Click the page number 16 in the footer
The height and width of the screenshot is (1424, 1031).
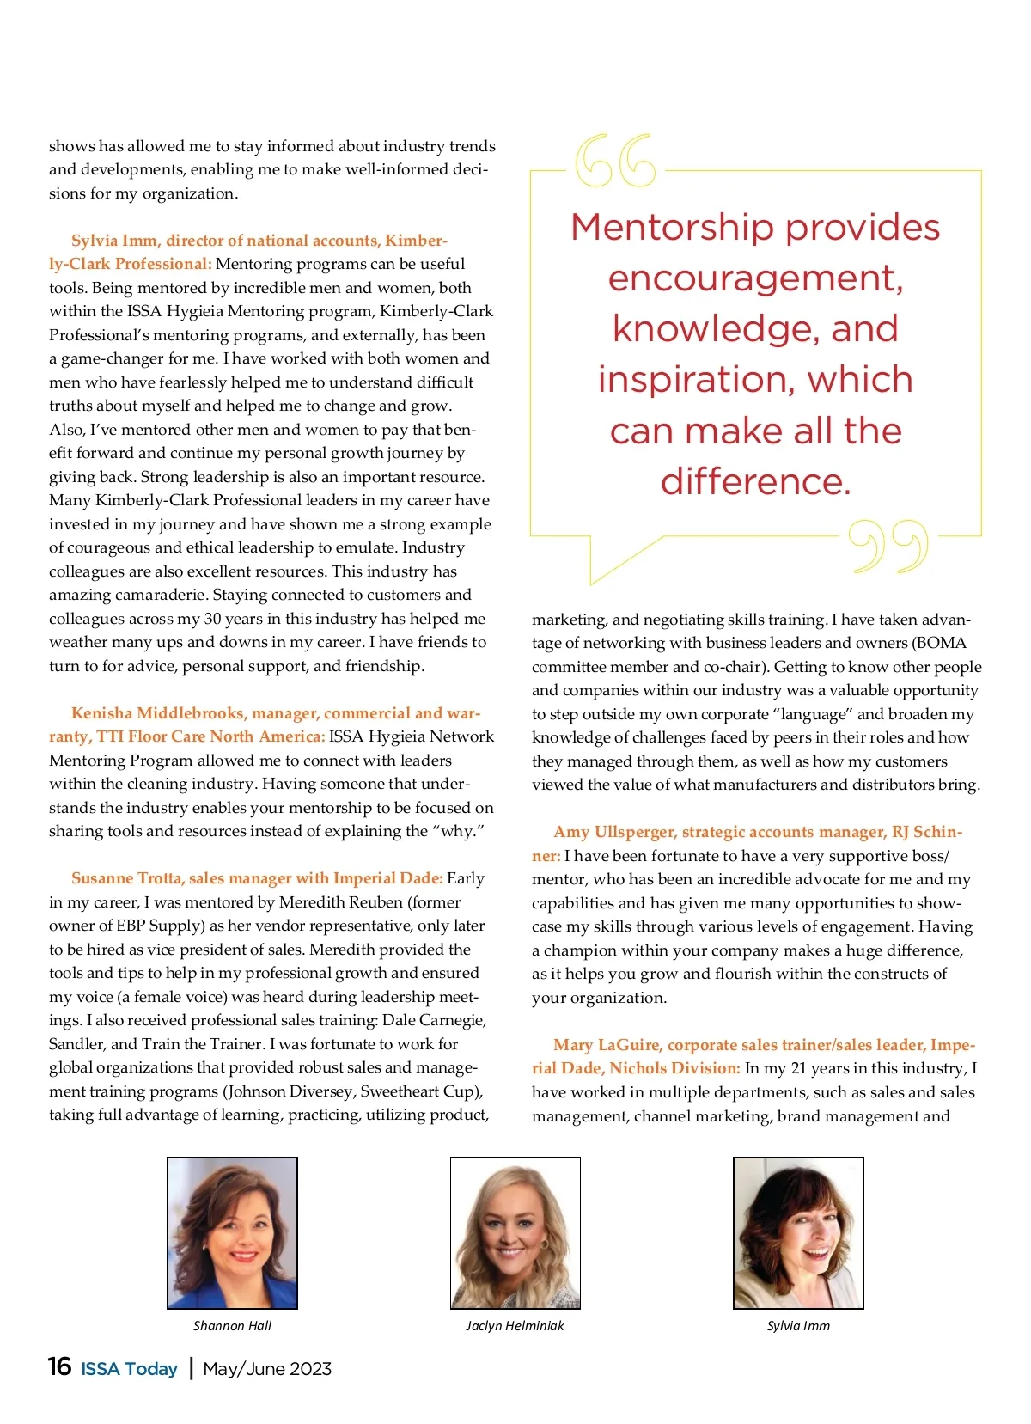[59, 1366]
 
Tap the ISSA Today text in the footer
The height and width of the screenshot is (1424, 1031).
[129, 1369]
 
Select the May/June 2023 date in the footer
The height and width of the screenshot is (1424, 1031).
[267, 1369]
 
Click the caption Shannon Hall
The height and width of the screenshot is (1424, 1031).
[232, 1325]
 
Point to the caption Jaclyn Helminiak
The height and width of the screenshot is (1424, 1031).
[515, 1325]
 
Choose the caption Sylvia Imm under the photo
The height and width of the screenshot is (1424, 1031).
[798, 1325]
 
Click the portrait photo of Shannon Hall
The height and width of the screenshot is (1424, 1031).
[232, 1232]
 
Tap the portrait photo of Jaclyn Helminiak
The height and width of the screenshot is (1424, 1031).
[515, 1232]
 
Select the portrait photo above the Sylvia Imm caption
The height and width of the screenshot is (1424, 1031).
[798, 1232]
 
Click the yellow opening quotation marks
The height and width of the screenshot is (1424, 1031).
[615, 161]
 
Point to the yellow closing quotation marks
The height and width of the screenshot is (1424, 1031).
[888, 546]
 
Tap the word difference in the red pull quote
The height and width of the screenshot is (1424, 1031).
[755, 481]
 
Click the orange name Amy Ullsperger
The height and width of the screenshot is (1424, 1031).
[614, 832]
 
